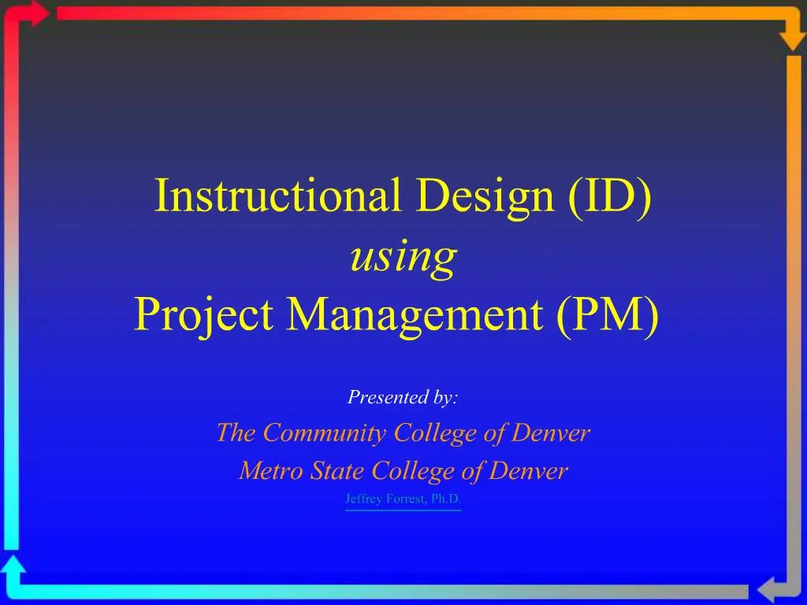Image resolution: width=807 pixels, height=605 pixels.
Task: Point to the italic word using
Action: click(403, 257)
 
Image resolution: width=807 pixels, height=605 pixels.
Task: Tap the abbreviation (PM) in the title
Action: click(607, 314)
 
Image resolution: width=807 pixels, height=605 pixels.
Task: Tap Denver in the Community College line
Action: click(551, 432)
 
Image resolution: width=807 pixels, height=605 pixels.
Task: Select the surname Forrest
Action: click(405, 499)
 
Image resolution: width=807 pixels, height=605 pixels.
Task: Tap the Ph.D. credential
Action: click(446, 499)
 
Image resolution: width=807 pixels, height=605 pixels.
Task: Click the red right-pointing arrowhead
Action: click(35, 14)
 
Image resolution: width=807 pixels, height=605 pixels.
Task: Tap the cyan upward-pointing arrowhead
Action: click(13, 570)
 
